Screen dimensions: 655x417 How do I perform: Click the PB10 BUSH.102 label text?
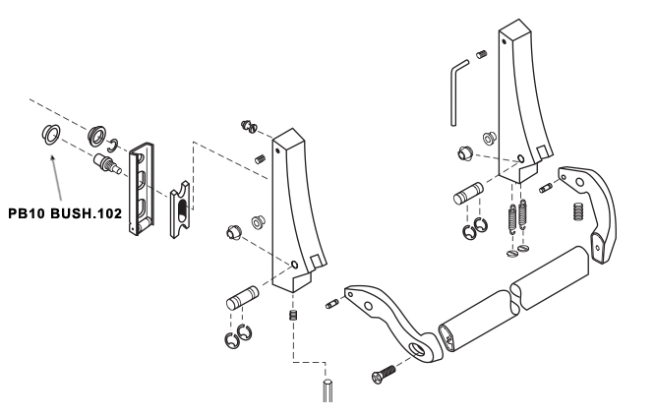(65, 213)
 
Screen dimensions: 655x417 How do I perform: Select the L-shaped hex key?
(458, 92)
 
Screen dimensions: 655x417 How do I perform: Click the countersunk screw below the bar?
(383, 374)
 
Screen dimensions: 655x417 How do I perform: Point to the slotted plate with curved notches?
(180, 209)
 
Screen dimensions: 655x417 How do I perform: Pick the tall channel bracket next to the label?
(142, 189)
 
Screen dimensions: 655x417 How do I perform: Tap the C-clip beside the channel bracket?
(113, 146)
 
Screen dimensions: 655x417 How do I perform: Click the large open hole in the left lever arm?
(417, 349)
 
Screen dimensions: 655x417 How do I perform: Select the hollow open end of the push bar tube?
(447, 339)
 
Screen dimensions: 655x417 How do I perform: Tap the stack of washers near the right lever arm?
(578, 211)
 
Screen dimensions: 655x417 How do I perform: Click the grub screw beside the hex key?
(482, 54)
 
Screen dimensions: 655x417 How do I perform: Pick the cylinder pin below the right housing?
(468, 194)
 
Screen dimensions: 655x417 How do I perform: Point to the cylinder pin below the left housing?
(243, 298)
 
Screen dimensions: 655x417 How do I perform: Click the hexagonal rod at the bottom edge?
(327, 390)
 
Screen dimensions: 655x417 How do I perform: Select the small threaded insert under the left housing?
(293, 315)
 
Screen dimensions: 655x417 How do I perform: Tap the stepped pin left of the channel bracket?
(107, 163)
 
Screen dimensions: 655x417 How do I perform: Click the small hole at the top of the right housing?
(506, 41)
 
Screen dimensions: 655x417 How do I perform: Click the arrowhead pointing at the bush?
(53, 158)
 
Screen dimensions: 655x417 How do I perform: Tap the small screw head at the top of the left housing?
(248, 126)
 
